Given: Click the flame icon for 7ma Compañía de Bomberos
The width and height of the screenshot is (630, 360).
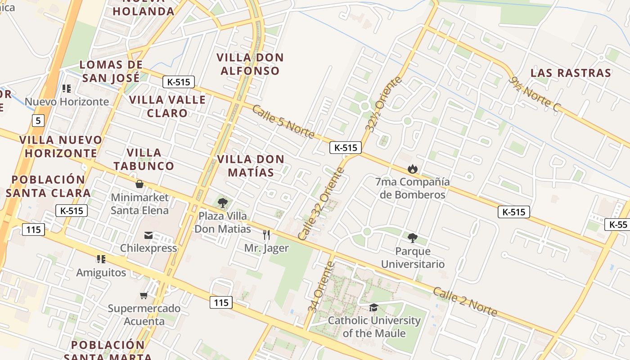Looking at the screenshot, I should pyautogui.click(x=412, y=169).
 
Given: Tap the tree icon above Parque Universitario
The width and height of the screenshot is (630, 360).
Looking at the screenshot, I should pyautogui.click(x=412, y=238).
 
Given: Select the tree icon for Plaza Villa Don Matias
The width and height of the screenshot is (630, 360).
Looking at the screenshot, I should pyautogui.click(x=222, y=202).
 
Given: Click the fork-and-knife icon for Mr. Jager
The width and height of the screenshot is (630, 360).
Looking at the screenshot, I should pyautogui.click(x=266, y=234).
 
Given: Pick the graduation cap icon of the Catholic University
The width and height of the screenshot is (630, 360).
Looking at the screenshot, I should pyautogui.click(x=373, y=308).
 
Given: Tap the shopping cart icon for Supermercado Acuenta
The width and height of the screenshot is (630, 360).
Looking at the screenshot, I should pyautogui.click(x=144, y=296).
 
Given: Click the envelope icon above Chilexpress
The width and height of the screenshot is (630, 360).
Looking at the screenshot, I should pyautogui.click(x=148, y=235).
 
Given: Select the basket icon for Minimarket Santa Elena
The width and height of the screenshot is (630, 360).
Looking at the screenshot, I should pyautogui.click(x=139, y=184).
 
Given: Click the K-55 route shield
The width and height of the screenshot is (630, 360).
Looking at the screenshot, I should pyautogui.click(x=618, y=225).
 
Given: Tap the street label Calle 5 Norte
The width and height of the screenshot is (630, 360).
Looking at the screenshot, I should pyautogui.click(x=283, y=121).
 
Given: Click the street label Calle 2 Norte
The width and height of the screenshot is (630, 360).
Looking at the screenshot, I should pyautogui.click(x=465, y=301).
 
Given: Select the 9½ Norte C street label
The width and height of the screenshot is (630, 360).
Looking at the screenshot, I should pyautogui.click(x=535, y=94).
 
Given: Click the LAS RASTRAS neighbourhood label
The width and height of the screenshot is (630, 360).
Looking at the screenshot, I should pyautogui.click(x=571, y=73).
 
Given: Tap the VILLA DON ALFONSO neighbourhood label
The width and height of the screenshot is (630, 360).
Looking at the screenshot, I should pyautogui.click(x=250, y=64).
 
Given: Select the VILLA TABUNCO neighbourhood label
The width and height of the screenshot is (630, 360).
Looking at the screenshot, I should pyautogui.click(x=144, y=159).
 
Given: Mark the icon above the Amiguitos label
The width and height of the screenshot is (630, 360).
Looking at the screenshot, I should pyautogui.click(x=101, y=259).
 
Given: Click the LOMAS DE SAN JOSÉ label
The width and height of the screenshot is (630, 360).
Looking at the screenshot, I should pyautogui.click(x=111, y=71).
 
